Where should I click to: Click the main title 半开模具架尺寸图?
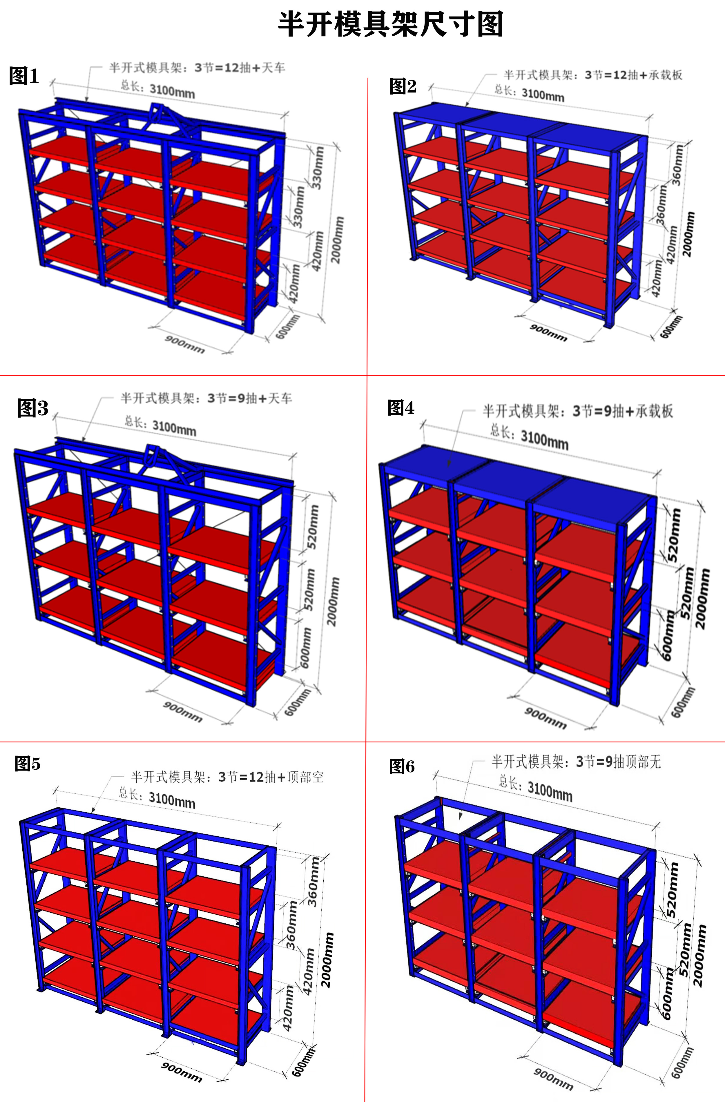(390, 24)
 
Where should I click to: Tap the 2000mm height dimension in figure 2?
(688, 234)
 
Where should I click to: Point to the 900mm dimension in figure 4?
(545, 718)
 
